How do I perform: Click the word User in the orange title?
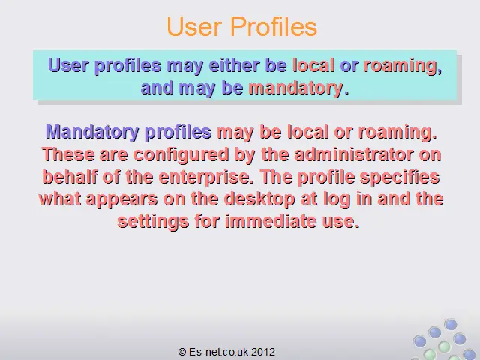[194, 27]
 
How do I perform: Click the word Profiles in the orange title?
[274, 27]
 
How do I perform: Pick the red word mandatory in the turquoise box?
[295, 88]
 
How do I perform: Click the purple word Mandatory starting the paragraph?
[92, 132]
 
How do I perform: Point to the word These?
[68, 154]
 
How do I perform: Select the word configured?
[181, 155]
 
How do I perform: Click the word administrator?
[354, 154]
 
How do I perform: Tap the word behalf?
[70, 177]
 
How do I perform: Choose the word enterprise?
[206, 178]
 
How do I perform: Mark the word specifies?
[400, 178]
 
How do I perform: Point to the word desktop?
[259, 199]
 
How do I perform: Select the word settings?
[153, 222]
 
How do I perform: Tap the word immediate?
[271, 221]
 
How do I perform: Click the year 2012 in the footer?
[263, 352]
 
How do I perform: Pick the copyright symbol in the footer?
[182, 352]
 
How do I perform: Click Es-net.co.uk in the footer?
[218, 352]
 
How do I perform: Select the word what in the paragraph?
[60, 199]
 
